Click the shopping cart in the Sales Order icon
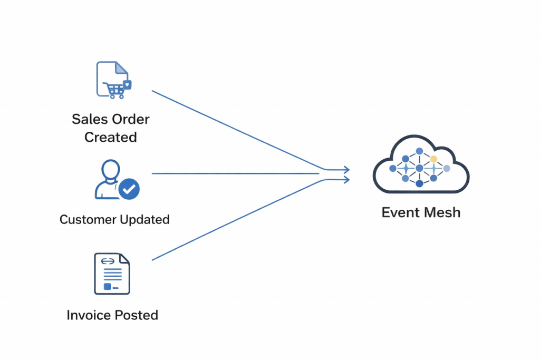click(114, 90)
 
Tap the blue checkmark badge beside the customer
click(129, 188)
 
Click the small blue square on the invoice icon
click(108, 286)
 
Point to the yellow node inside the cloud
click(433, 159)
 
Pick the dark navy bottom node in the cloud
click(419, 183)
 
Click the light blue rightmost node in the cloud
click(447, 168)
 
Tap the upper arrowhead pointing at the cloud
click(345, 170)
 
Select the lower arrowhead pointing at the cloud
click(345, 180)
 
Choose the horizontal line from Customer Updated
click(232, 173)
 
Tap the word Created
click(111, 137)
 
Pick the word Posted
click(136, 315)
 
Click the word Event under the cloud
click(400, 212)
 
